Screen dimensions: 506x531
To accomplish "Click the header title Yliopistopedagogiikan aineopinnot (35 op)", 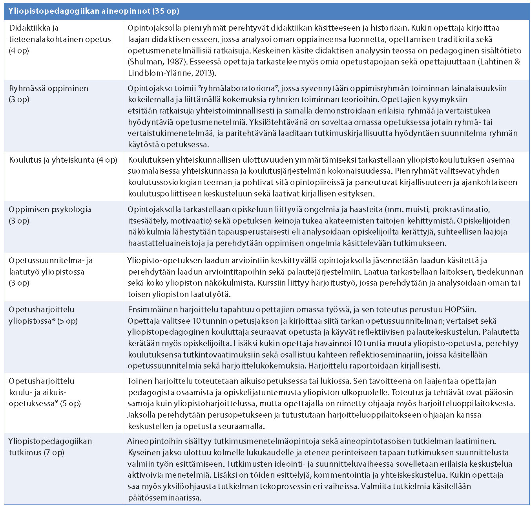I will coord(94,11).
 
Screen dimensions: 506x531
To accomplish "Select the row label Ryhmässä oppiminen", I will coord(49,88).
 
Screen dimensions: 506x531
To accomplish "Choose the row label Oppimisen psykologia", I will coord(50,209).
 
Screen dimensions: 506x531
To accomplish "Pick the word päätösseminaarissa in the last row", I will coord(164,498).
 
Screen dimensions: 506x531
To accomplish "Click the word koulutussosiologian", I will coord(165,182).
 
